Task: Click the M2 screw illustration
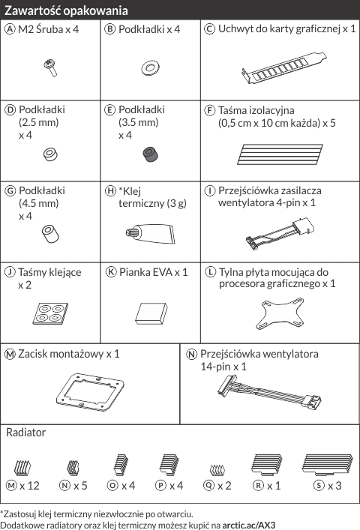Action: pos(50,67)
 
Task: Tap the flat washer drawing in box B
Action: pos(151,68)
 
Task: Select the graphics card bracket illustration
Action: pos(284,68)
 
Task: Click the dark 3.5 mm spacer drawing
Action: pos(151,155)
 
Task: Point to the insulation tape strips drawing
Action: pos(280,154)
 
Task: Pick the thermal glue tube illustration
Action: pos(151,234)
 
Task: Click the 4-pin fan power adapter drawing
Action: pos(280,233)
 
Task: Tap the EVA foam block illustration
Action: pos(151,313)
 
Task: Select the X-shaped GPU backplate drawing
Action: pos(280,313)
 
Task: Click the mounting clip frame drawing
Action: pos(90,392)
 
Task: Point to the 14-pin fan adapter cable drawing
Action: pos(269,392)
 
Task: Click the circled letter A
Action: pos(10,29)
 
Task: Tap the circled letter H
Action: pos(110,191)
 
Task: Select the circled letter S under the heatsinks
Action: pos(319,486)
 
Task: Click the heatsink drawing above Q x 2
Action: pos(217,469)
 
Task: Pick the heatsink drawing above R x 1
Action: pos(267,464)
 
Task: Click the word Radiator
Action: pos(25,433)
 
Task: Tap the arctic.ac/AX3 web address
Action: pos(249,526)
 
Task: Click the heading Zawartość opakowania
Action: pos(66,10)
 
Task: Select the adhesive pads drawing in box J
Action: pos(50,313)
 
